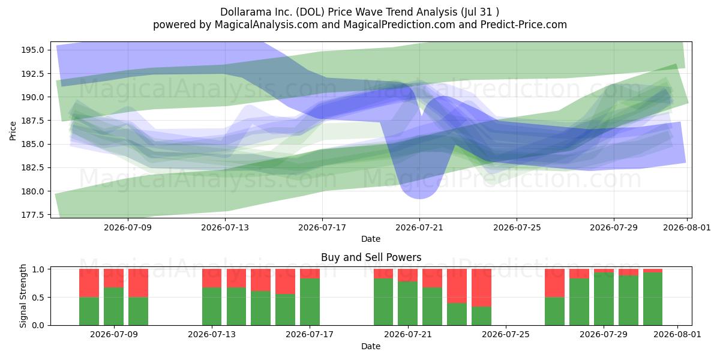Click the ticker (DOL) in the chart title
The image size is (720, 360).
pos(310,12)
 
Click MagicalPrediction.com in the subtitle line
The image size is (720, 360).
pos(399,25)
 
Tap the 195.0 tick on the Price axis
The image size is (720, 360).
pos(32,50)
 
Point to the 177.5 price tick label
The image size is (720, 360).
pos(32,215)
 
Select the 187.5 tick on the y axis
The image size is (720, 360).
pos(32,121)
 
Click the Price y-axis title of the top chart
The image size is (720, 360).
pos(13,131)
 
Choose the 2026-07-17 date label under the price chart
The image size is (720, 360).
pos(322,227)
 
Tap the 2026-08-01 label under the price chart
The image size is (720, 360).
pos(687,227)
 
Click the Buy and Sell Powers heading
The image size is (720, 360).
pos(371,257)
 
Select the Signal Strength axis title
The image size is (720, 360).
pos(23,296)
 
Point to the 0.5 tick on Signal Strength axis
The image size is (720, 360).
pos(38,298)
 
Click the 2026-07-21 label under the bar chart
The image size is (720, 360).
pos(408,334)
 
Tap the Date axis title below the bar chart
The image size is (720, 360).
pos(371,346)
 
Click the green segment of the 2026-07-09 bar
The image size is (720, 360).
pos(113,307)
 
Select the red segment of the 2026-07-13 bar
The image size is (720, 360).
pos(212,278)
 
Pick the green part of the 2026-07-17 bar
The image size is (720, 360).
pos(310,302)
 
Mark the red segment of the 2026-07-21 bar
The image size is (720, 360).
pos(407,275)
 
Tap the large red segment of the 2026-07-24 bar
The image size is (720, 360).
pos(481,287)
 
